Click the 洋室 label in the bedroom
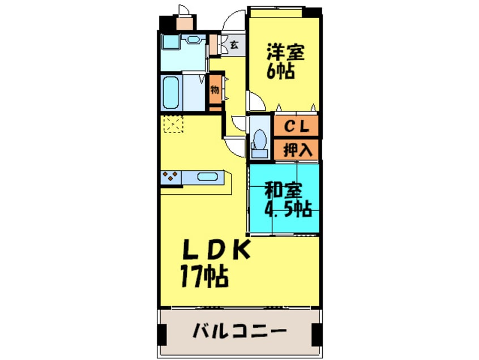tap(286, 53)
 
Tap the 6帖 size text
tap(281, 72)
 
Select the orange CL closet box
tap(296, 127)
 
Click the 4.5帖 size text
tap(288, 209)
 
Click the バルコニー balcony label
tap(238, 330)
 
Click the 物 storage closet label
tap(215, 90)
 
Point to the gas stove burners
tap(170, 177)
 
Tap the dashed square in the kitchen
tap(172, 124)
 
